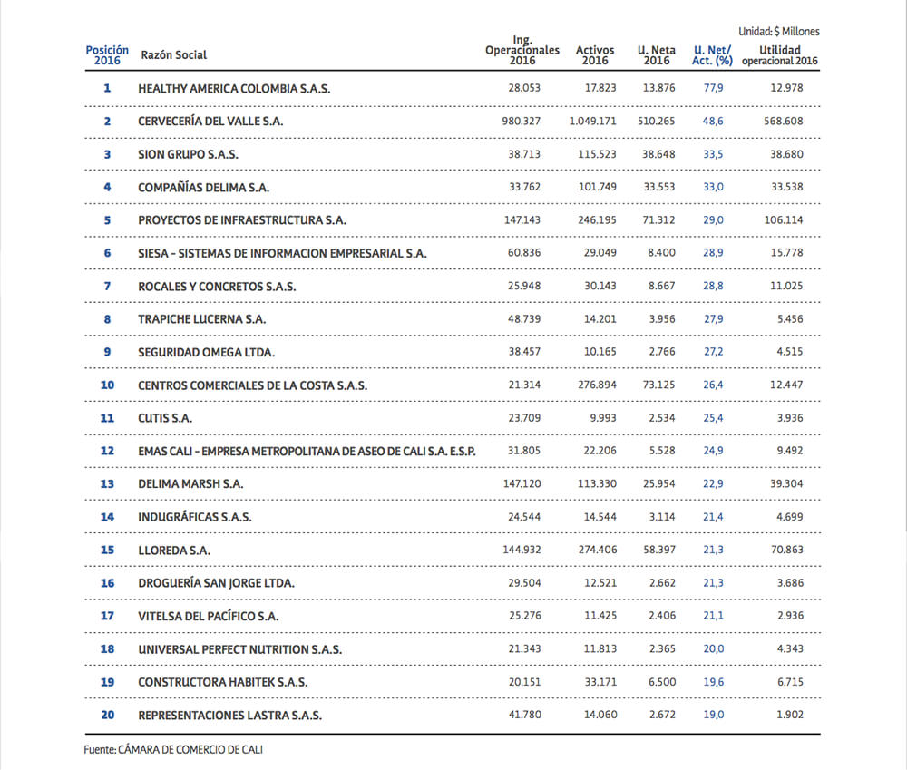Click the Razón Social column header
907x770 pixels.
(x=173, y=55)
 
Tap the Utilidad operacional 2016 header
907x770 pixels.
(x=779, y=55)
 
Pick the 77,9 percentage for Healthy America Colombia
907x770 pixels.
(x=713, y=88)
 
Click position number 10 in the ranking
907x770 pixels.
(x=107, y=385)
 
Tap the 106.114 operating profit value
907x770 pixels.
(x=785, y=220)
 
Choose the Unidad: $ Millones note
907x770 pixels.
(x=778, y=32)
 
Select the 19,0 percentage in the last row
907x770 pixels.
(x=713, y=716)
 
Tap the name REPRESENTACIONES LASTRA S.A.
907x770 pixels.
(x=229, y=716)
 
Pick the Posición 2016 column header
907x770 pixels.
(x=107, y=55)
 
